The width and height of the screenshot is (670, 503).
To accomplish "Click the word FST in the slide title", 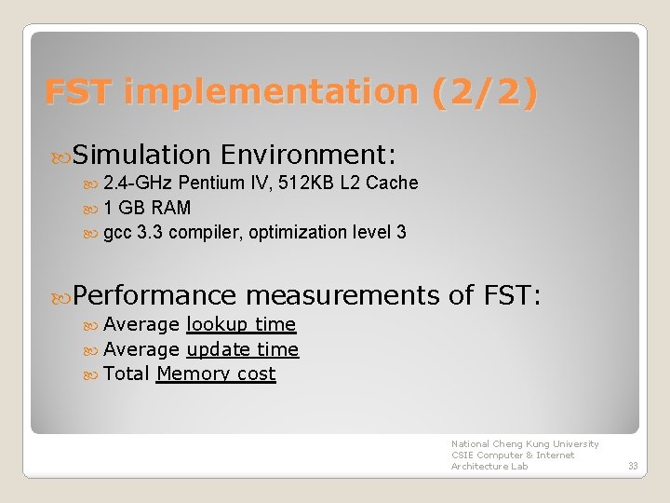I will pyautogui.click(x=78, y=92).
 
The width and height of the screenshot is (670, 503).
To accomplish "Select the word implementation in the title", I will pyautogui.click(x=271, y=92).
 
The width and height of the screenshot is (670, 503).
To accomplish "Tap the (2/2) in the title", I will pyautogui.click(x=484, y=92).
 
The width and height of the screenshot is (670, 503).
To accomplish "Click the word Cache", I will pyautogui.click(x=392, y=183).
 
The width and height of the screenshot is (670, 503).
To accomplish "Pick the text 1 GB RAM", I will pyautogui.click(x=147, y=208).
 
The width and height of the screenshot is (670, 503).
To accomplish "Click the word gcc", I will pyautogui.click(x=117, y=232).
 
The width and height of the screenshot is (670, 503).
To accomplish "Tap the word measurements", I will pyautogui.click(x=342, y=295).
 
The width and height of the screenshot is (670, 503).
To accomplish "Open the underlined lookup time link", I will pyautogui.click(x=241, y=324).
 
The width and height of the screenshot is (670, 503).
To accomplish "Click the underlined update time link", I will pyautogui.click(x=242, y=349).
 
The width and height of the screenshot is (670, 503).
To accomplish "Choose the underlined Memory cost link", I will pyautogui.click(x=216, y=374).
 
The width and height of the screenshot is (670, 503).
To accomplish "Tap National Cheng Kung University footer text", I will pyautogui.click(x=525, y=444).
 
